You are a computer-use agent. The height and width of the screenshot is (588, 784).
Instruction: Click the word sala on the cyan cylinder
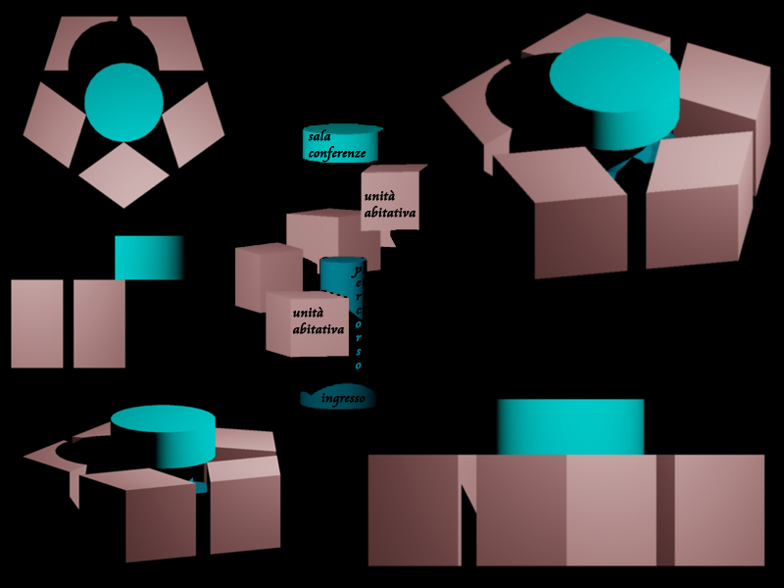[318, 136]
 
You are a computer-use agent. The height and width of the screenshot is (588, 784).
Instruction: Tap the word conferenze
[337, 153]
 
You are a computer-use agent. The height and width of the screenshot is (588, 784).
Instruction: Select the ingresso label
[343, 399]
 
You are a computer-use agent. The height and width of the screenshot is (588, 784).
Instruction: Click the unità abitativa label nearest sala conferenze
[390, 205]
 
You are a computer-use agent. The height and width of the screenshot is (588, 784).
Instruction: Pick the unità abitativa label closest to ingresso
[318, 321]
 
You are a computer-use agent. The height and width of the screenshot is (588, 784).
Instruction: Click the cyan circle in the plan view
[123, 101]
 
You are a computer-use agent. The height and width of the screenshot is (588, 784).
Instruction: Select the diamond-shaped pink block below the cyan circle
[123, 174]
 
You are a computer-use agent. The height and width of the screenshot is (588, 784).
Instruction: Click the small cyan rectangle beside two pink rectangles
[149, 257]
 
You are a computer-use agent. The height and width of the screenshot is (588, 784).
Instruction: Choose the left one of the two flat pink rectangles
[37, 323]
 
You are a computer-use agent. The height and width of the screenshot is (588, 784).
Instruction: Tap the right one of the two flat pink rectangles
[99, 323]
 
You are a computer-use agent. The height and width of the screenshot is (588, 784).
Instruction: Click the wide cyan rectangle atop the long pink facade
[570, 426]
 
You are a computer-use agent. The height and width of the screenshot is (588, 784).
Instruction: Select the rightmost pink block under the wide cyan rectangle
[718, 510]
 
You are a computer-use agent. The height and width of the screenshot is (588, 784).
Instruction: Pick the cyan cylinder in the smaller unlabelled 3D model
[163, 437]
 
